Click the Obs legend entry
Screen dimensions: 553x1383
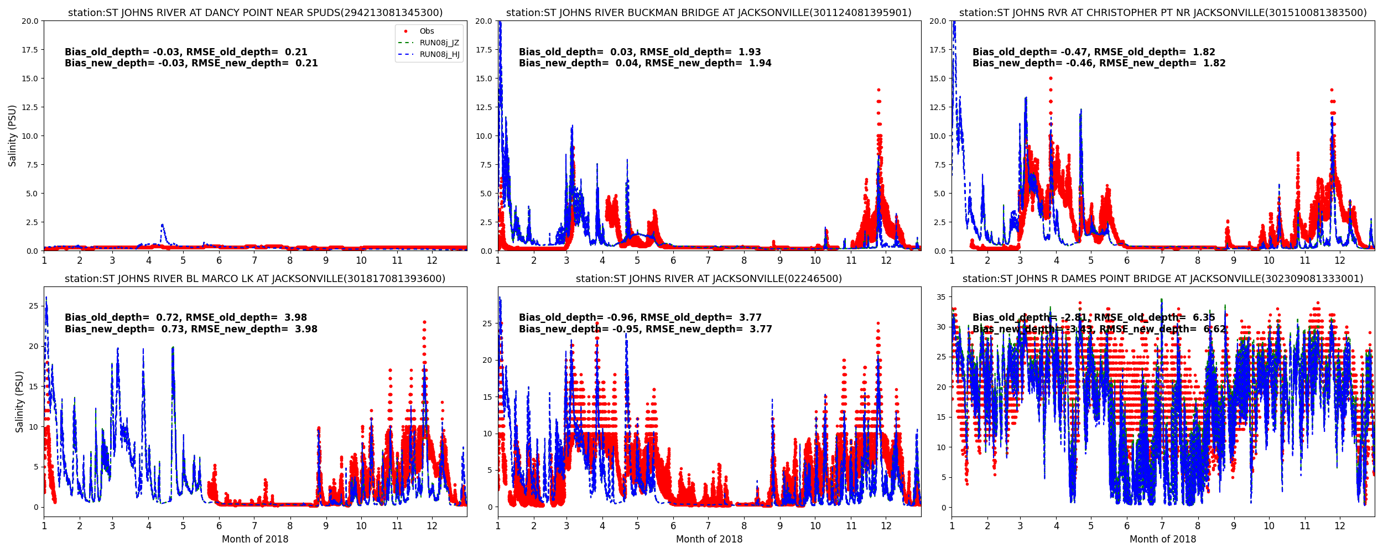[427, 32]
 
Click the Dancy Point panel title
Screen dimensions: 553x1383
[255, 13]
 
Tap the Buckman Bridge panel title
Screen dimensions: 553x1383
[709, 13]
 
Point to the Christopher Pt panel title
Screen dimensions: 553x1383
[1163, 13]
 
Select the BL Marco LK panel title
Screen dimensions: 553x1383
[255, 279]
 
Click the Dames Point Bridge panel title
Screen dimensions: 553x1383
[1163, 279]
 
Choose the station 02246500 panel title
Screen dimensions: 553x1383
[709, 279]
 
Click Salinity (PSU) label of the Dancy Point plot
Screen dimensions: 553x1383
[13, 135]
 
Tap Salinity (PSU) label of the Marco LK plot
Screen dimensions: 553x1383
[20, 401]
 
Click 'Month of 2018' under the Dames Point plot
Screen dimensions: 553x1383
[1163, 539]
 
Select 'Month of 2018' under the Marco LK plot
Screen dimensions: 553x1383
[255, 539]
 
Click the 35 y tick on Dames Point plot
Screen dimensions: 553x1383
[940, 297]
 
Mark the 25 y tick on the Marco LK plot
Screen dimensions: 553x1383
[33, 306]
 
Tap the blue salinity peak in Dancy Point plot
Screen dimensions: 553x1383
[162, 225]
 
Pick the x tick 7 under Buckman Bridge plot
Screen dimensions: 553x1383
[708, 260]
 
